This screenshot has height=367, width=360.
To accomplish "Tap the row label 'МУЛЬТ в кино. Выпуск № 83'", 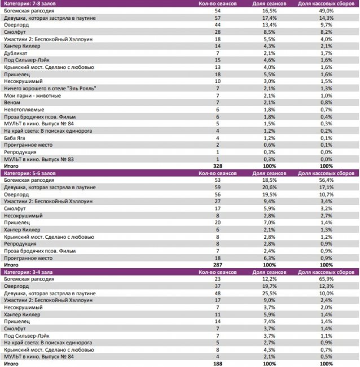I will tap(37, 159).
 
